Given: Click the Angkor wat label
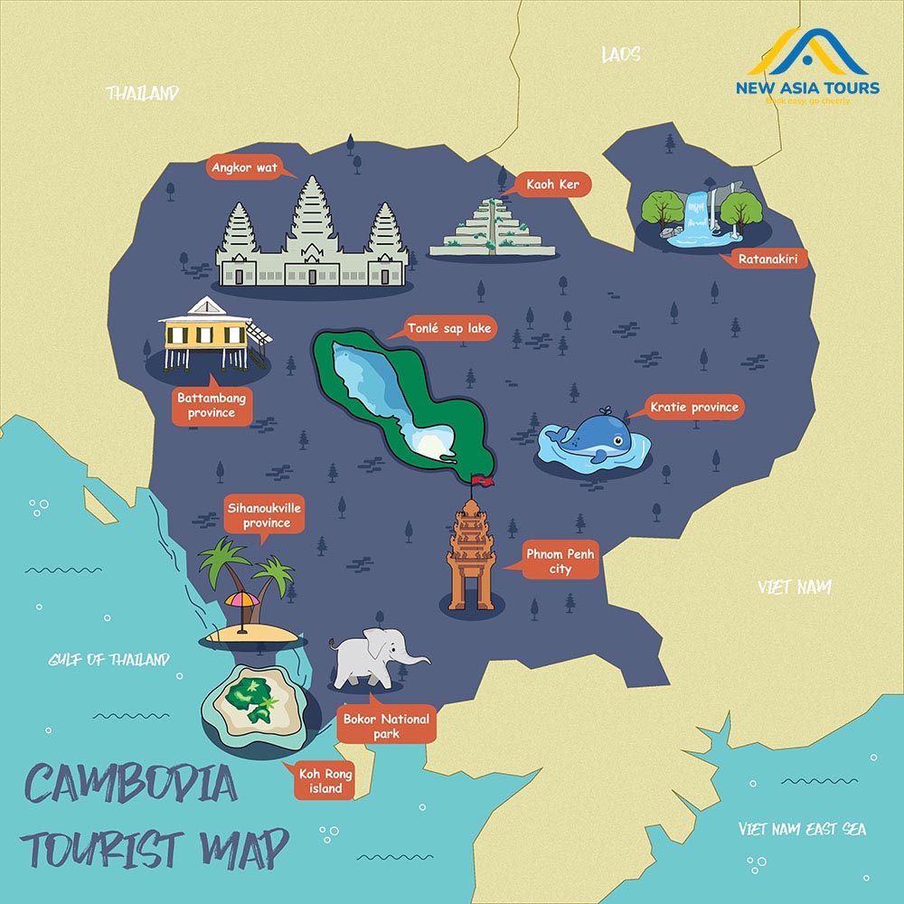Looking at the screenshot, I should tap(245, 167).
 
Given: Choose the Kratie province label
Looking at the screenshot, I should tap(693, 408).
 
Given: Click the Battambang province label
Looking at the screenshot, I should tap(212, 405).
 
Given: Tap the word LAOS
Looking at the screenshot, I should tap(620, 55).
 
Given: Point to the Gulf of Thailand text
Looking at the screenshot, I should tap(108, 660).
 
